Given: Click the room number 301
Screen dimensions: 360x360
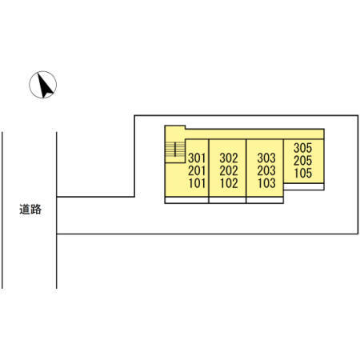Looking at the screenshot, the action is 197,158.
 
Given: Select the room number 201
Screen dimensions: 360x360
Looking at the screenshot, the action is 197,171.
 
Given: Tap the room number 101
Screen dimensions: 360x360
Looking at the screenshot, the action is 197,183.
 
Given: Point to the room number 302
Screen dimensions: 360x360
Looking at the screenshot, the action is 229,158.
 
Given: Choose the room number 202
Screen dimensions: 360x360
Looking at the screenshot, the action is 229,171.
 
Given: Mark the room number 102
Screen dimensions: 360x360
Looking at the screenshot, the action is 229,183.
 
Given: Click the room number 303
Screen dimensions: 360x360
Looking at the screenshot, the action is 266,158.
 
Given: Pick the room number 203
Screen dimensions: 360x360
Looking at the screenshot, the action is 266,171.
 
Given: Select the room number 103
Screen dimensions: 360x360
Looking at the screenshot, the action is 266,183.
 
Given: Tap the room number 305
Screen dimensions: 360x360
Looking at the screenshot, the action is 302,148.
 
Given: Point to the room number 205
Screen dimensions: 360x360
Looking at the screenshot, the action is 302,161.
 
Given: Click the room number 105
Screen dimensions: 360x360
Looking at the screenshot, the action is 303,174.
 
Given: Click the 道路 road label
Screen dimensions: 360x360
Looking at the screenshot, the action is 30,210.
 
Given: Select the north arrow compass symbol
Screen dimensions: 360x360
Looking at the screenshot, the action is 43,85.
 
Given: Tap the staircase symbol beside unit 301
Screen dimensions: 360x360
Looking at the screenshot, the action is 175,150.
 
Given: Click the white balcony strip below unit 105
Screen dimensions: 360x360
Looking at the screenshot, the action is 304,186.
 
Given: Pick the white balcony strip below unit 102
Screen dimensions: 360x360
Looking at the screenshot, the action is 227,200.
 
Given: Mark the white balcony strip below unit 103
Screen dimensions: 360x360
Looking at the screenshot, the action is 265,200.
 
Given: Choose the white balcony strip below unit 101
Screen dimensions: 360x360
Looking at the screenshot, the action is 186,200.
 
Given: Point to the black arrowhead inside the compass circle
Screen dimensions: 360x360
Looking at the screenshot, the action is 44,86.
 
